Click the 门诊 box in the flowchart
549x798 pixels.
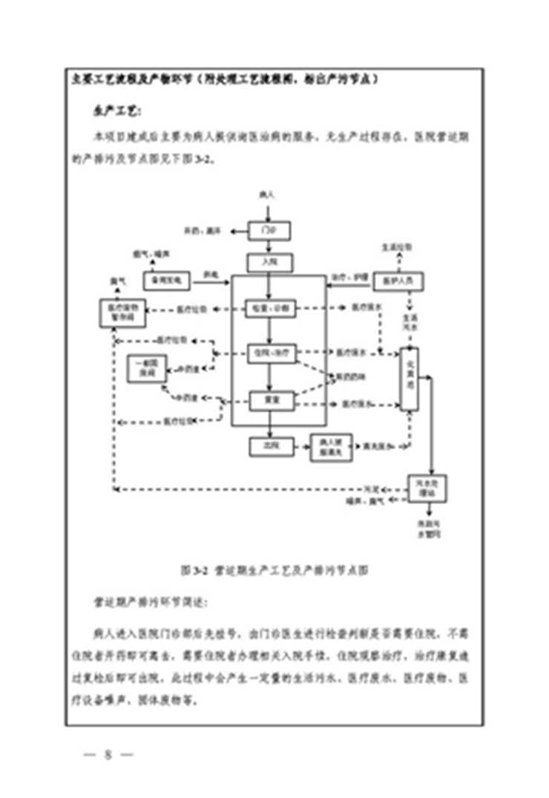(269, 231)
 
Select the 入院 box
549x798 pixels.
(269, 262)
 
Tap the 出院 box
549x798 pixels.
(269, 445)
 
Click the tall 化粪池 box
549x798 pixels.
(410, 379)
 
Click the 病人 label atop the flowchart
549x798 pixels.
(268, 196)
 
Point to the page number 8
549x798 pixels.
(107, 756)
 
